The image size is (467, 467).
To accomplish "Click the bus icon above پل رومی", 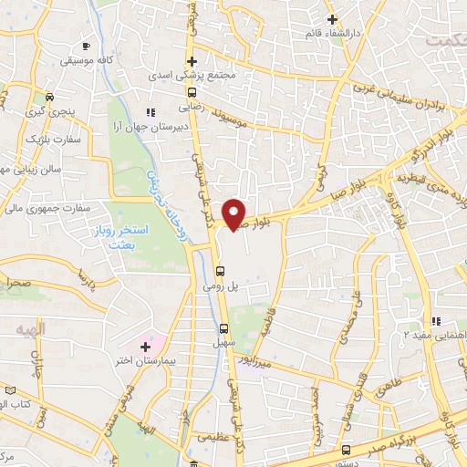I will pyautogui.click(x=220, y=270).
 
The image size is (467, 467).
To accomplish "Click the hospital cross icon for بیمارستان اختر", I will pyautogui.click(x=145, y=347).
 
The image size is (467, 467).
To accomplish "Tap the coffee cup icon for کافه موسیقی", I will pyautogui.click(x=86, y=46).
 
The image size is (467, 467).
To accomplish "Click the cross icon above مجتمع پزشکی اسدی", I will pyautogui.click(x=191, y=60).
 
